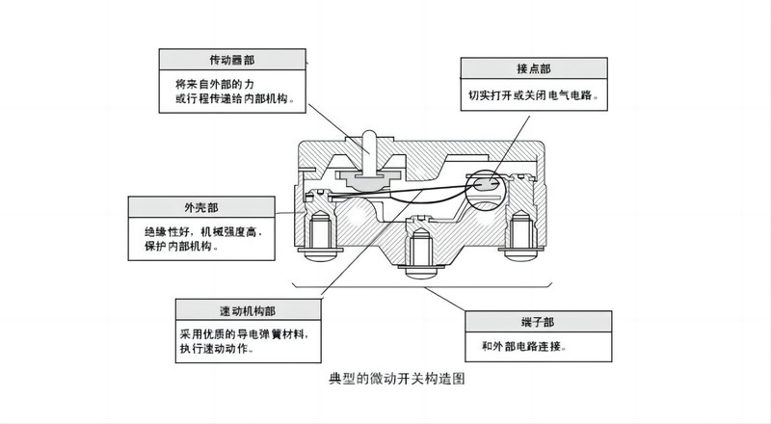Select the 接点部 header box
pos(535,69)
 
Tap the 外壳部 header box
pos(199,206)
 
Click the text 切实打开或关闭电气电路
pos(535,96)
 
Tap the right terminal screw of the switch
pos(522,238)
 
